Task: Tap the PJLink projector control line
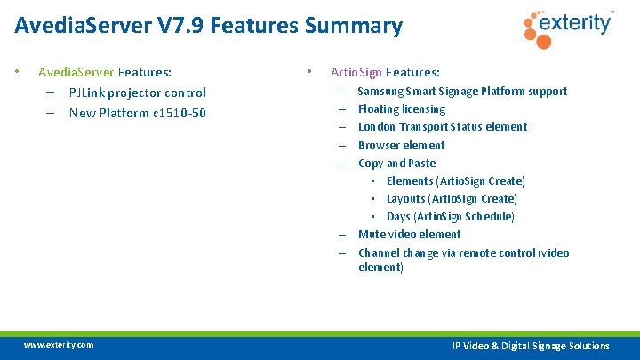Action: (x=137, y=92)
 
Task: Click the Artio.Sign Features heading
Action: (x=385, y=72)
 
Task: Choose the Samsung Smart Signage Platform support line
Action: (x=462, y=91)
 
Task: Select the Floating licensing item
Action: (x=402, y=108)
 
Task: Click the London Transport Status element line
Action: (x=443, y=126)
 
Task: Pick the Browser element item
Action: (x=401, y=145)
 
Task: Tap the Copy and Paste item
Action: (x=396, y=163)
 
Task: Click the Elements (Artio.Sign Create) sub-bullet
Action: (x=455, y=180)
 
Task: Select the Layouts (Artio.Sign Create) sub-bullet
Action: (x=452, y=198)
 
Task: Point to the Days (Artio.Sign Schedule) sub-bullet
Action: (x=450, y=216)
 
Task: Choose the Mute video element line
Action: (x=409, y=234)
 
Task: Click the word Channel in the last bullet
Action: (x=379, y=252)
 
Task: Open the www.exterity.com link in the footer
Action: (x=59, y=344)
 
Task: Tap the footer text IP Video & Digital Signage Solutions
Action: (x=531, y=346)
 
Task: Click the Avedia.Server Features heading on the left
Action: (x=105, y=72)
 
